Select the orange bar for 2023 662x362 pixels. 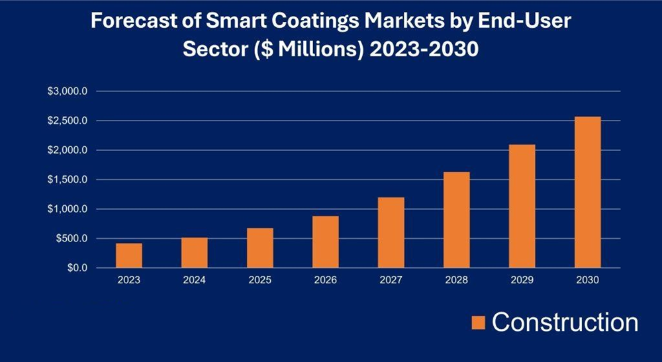pos(129,255)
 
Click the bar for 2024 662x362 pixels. pos(195,253)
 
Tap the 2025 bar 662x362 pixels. pos(260,248)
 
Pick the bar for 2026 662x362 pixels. pos(326,242)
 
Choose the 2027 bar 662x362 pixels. pos(391,232)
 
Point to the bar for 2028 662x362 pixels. pos(457,220)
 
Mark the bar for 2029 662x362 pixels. pos(522,206)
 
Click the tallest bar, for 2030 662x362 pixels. pos(588,192)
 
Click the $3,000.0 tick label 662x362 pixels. pos(67,91)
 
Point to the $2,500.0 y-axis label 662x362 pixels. pos(67,120)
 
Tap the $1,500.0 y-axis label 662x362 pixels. pos(67,179)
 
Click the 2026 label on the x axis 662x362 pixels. pos(326,280)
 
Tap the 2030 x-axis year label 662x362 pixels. pos(588,280)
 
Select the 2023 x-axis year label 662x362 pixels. pos(129,280)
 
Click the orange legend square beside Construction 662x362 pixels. pos(479,322)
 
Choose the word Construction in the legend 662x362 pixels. pos(565,322)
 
